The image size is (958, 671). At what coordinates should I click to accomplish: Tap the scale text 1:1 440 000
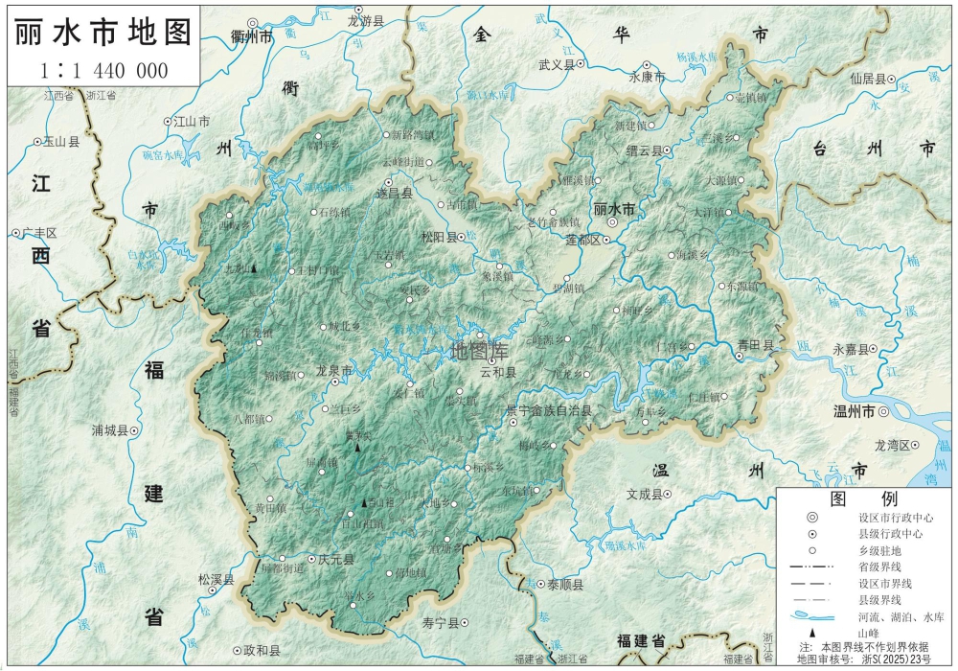pos(103,70)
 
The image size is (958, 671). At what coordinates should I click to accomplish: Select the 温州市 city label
pos(855,412)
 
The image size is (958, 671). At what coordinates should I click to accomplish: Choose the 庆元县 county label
pos(336,560)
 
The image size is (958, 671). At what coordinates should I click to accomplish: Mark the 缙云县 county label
pos(646,150)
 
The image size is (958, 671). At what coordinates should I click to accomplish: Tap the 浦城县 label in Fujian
pos(109,430)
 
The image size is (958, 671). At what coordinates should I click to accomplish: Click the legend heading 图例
pos(849,499)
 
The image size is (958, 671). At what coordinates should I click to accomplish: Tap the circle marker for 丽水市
pos(611,222)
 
